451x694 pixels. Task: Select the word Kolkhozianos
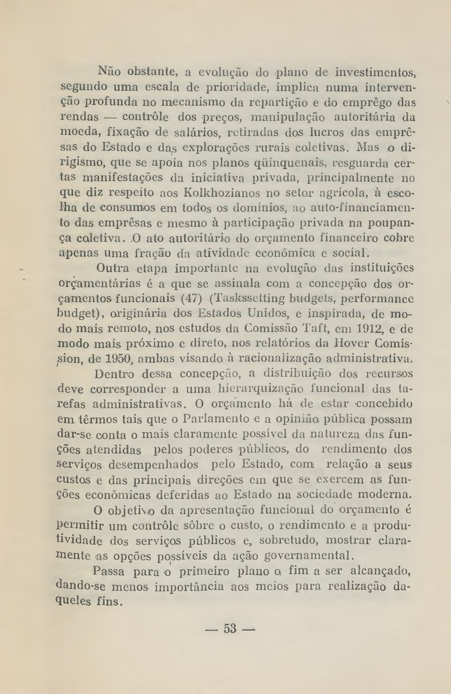pos(222,193)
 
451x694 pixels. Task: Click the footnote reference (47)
pos(191,298)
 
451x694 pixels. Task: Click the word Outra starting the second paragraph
pos(113,268)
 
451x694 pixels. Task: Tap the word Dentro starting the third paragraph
pos(114,374)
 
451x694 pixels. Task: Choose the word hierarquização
pos(261,389)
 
